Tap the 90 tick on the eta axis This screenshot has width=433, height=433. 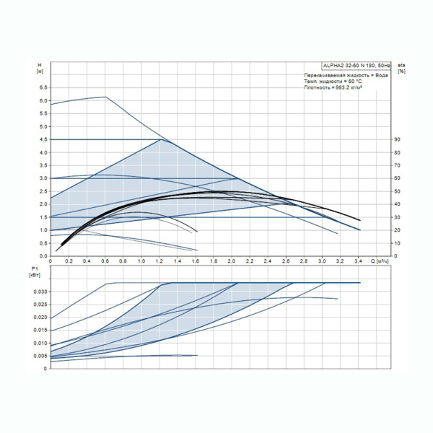396,139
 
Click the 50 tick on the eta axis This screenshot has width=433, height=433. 396,191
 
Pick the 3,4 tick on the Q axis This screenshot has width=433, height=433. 359,261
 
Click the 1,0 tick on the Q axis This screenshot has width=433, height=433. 141,261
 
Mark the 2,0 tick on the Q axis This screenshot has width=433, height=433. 232,261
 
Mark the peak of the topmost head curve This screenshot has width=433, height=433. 105,97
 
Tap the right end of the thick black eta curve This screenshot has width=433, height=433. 359,220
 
